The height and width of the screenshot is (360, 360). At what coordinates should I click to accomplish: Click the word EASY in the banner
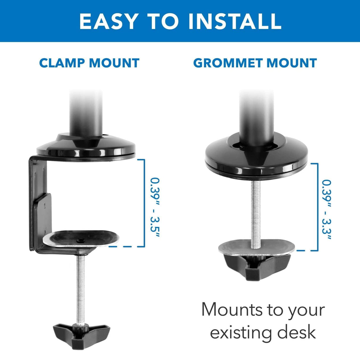[x=109, y=21]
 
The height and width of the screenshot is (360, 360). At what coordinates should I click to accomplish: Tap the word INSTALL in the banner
[x=235, y=21]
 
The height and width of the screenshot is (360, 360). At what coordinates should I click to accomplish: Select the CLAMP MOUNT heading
[x=89, y=63]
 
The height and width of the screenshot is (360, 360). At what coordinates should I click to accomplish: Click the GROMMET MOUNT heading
[x=255, y=63]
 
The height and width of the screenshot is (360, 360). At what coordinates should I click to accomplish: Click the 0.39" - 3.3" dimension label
[x=326, y=210]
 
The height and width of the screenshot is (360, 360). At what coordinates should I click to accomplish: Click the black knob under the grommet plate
[x=257, y=266]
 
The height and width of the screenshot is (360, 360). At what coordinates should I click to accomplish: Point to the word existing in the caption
[x=241, y=332]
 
